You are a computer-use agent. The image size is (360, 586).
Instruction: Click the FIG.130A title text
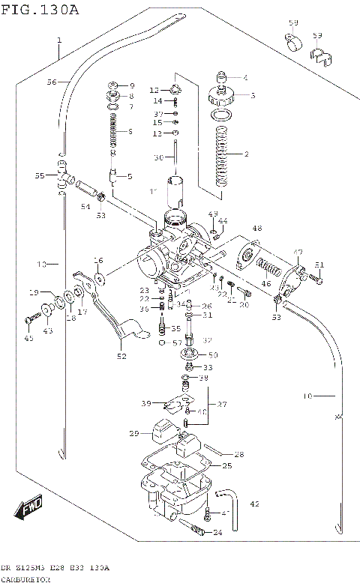point(39,8)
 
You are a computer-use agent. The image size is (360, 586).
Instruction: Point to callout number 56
point(51,82)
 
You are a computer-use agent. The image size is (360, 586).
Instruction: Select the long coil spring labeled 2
point(220,157)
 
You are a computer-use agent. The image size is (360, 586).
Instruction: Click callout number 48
point(256,229)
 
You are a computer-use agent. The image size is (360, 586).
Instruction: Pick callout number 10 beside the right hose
point(307,395)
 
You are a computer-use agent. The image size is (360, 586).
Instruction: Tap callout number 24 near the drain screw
point(217,533)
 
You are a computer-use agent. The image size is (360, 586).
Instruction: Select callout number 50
point(213,354)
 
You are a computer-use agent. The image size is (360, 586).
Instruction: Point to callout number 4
point(244,77)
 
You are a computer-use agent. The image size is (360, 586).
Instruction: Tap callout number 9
point(131,85)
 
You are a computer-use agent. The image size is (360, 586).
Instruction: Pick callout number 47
point(298,252)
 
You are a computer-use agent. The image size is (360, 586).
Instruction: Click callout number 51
point(319,265)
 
